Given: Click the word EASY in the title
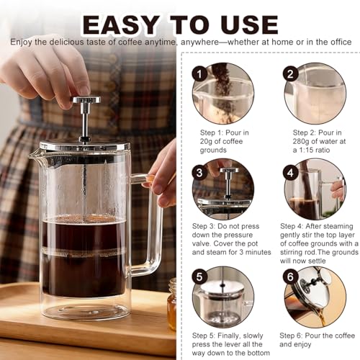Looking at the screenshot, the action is pyautogui.click(x=121, y=24).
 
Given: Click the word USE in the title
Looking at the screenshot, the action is pyautogui.click(x=249, y=24).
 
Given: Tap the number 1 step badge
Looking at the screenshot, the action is pyautogui.click(x=199, y=74).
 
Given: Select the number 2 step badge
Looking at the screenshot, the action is pyautogui.click(x=290, y=73).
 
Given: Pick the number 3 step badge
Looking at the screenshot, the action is pyautogui.click(x=199, y=173).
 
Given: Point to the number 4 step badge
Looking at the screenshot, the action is pyautogui.click(x=290, y=173).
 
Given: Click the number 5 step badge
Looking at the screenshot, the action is pyautogui.click(x=199, y=276).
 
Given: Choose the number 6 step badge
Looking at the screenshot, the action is pyautogui.click(x=290, y=276).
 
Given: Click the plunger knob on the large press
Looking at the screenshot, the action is pyautogui.click(x=86, y=99).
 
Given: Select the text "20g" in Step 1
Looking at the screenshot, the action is pyautogui.click(x=206, y=142).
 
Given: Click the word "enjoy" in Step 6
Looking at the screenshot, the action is pyautogui.click(x=304, y=344).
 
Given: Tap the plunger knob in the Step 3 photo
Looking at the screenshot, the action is pyautogui.click(x=230, y=170).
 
